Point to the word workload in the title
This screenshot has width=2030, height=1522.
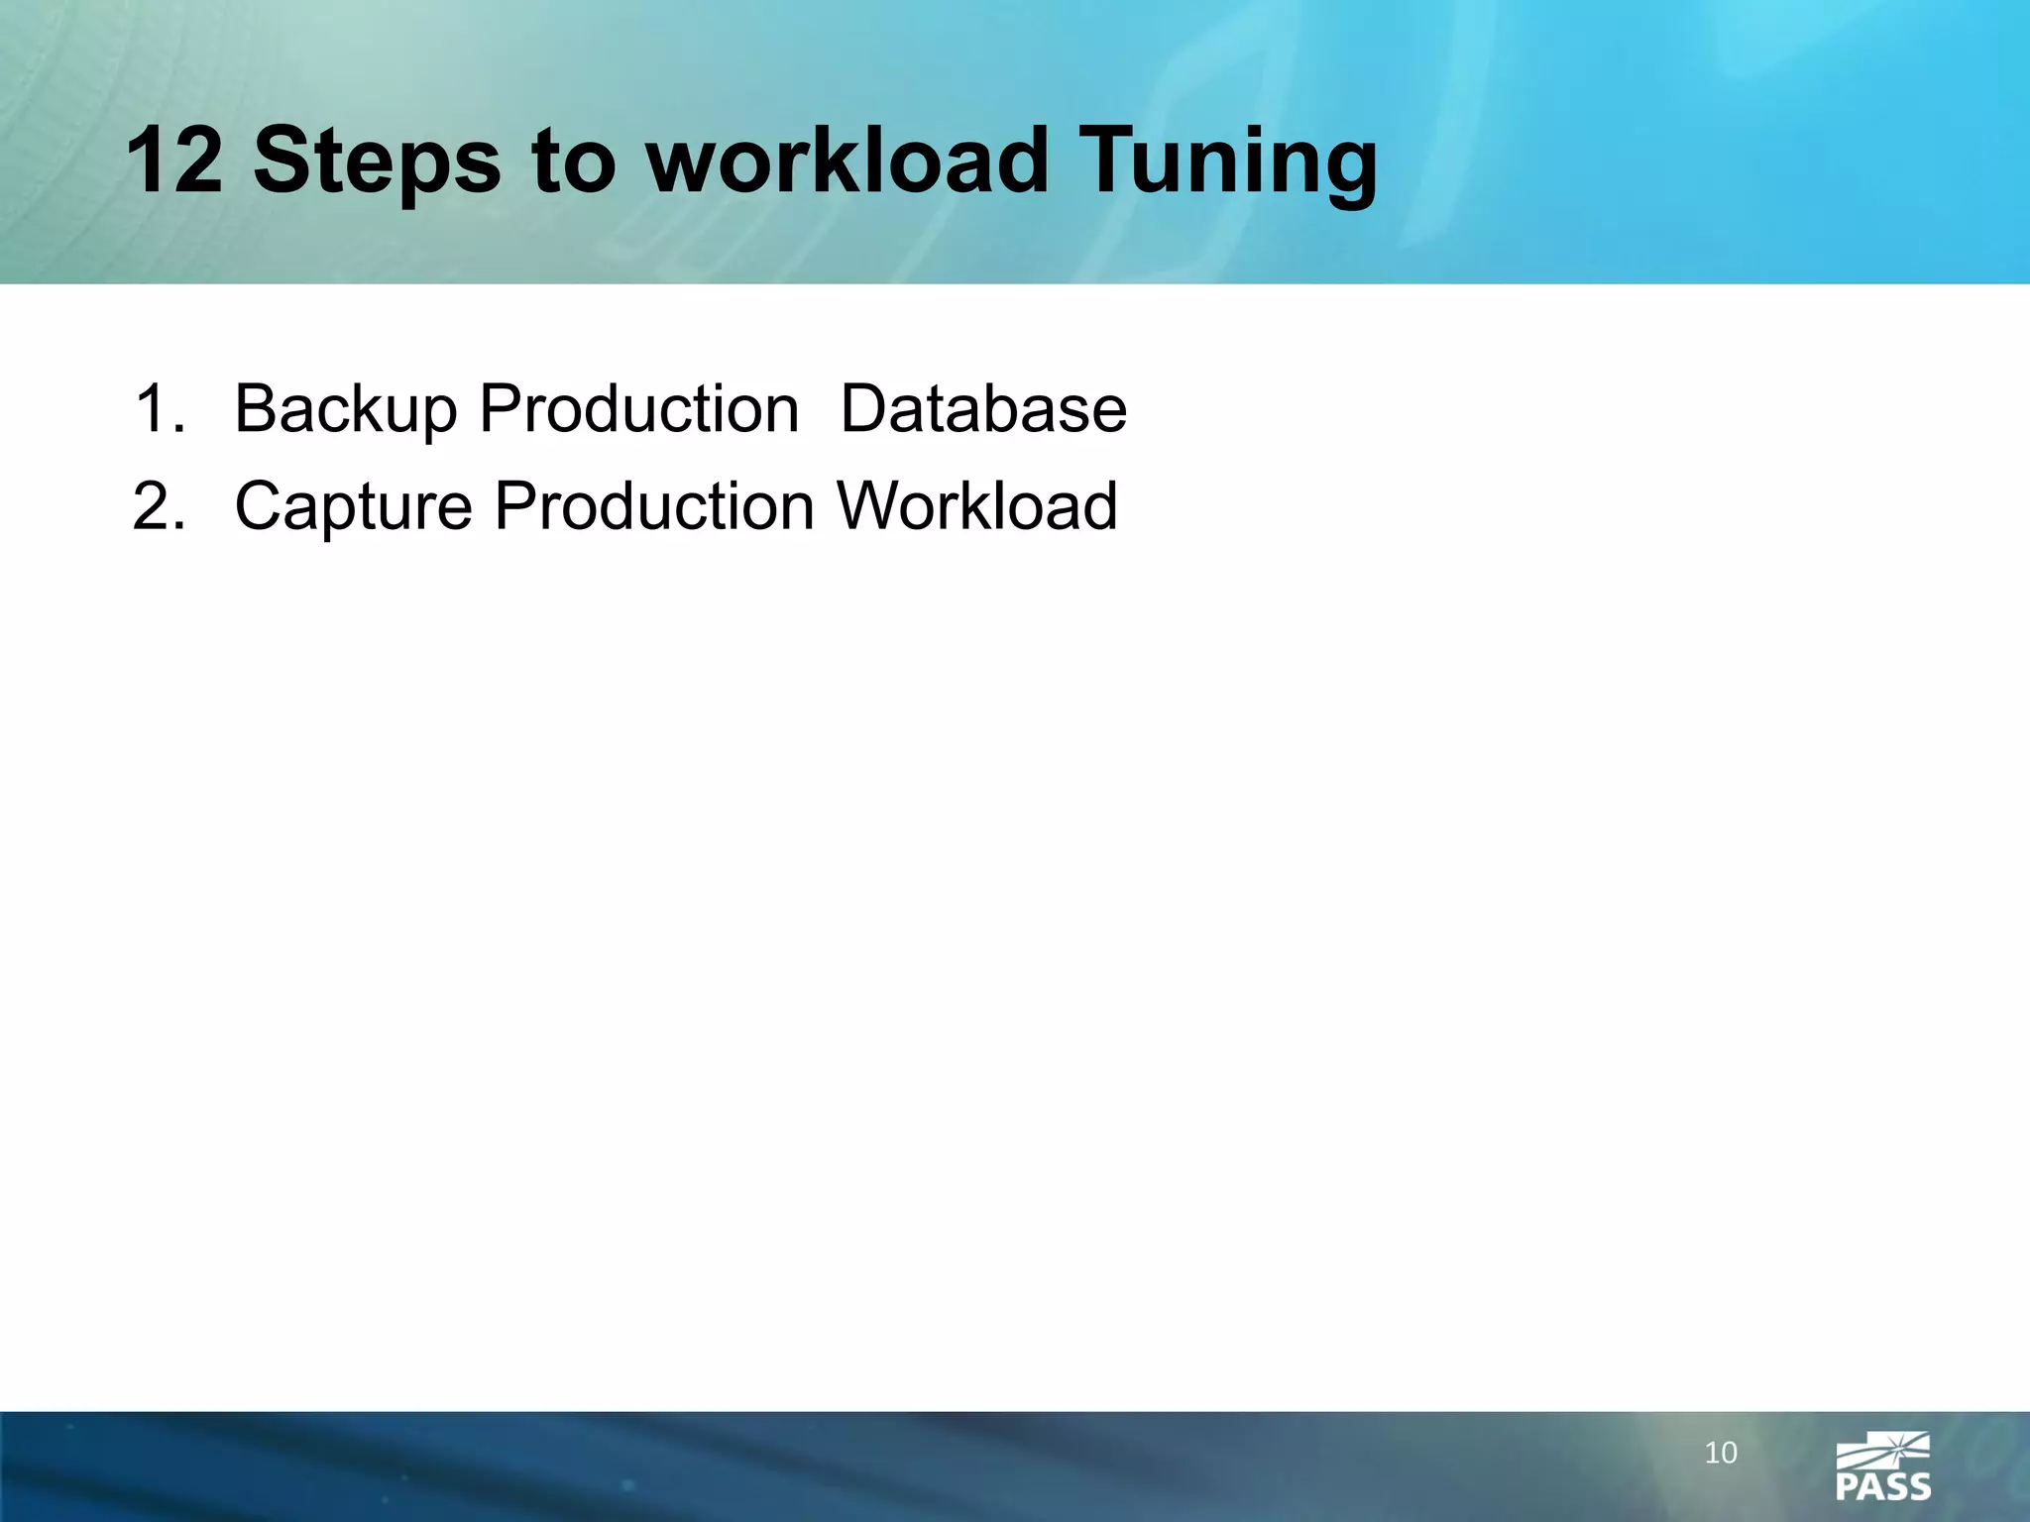847,161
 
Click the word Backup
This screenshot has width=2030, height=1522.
345,410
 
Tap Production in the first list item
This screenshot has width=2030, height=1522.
639,408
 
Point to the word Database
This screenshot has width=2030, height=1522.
983,408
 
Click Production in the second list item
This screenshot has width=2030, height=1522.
654,505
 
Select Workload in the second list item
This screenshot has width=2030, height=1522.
977,505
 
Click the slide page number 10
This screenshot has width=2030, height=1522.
1721,1454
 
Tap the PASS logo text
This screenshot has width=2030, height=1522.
1882,1486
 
